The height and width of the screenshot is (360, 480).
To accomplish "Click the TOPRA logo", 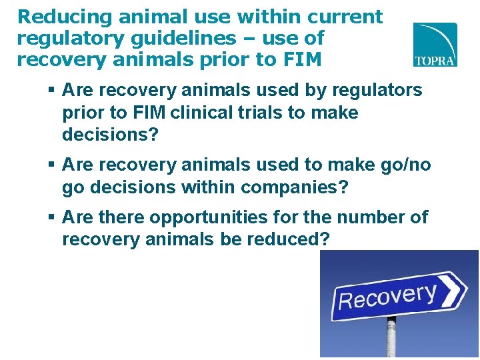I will pos(435,45).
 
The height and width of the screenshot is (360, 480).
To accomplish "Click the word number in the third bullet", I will pos(373,217).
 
